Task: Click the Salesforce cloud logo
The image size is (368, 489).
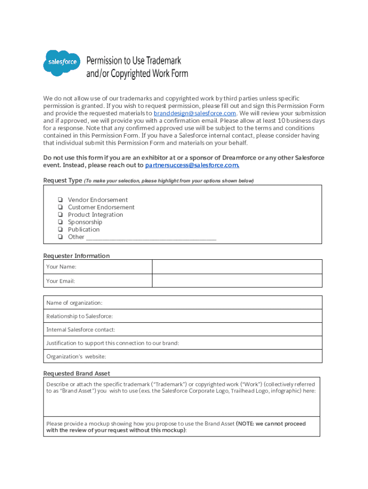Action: [x=61, y=63]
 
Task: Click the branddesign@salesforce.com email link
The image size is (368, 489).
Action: [x=195, y=113]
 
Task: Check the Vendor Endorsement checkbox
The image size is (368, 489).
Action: [x=61, y=200]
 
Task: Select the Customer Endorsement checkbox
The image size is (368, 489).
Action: [x=61, y=207]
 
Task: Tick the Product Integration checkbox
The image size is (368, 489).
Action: [x=61, y=214]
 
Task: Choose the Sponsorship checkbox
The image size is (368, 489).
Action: [x=61, y=222]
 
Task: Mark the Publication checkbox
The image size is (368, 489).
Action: [x=61, y=229]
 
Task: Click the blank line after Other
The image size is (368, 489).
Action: [x=151, y=237]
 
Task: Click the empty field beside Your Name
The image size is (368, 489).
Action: [x=237, y=266]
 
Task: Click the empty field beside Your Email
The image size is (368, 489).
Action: [x=237, y=281]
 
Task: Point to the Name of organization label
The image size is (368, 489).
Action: [x=74, y=303]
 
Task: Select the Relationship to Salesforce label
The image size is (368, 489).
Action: [x=79, y=316]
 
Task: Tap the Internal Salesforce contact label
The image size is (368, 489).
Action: [x=80, y=330]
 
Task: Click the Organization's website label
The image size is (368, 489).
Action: [x=76, y=356]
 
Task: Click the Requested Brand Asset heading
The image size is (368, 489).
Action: [x=76, y=373]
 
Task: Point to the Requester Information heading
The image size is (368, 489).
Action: [x=76, y=256]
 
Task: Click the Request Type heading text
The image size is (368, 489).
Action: [x=62, y=181]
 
